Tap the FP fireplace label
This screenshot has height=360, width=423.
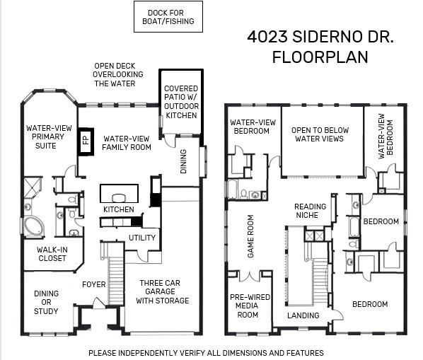pyautogui.click(x=86, y=141)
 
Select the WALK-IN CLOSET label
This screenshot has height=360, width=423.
pyautogui.click(x=52, y=254)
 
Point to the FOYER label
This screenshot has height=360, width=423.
pyautogui.click(x=94, y=284)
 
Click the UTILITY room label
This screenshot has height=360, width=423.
pyautogui.click(x=142, y=238)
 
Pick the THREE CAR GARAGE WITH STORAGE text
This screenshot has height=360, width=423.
pyautogui.click(x=162, y=291)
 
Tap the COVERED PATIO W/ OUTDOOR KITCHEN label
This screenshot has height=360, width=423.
pyautogui.click(x=181, y=102)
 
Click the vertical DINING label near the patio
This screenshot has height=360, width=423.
pyautogui.click(x=183, y=161)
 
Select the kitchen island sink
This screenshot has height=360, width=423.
pyautogui.click(x=119, y=198)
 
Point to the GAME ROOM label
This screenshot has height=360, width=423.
pyautogui.click(x=250, y=236)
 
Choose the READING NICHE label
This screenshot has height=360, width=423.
pyautogui.click(x=310, y=211)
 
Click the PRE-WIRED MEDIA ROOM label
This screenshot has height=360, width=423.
pyautogui.click(x=250, y=306)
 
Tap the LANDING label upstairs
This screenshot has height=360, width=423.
pyautogui.click(x=303, y=315)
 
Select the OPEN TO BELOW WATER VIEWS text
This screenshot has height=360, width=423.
pyautogui.click(x=320, y=134)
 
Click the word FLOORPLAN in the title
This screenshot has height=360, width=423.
pyautogui.click(x=320, y=57)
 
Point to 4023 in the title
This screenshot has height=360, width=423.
pyautogui.click(x=267, y=37)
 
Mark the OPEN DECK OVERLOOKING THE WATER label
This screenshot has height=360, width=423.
pyautogui.click(x=117, y=74)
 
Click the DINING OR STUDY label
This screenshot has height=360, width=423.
pyautogui.click(x=46, y=302)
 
